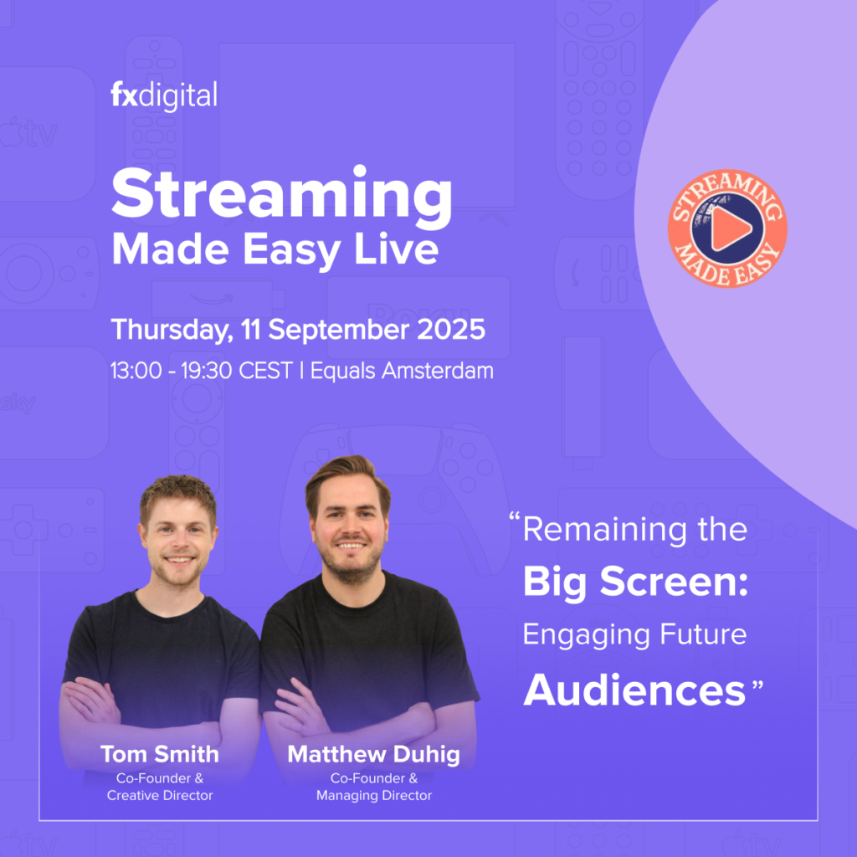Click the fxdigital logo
(x=164, y=95)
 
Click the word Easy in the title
(x=291, y=251)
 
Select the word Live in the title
(x=396, y=249)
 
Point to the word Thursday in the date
(x=172, y=330)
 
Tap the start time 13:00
(x=136, y=371)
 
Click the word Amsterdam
(x=437, y=371)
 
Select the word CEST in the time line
(x=265, y=371)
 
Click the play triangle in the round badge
(x=729, y=228)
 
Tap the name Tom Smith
(x=160, y=754)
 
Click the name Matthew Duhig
(x=374, y=755)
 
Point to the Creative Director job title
(x=160, y=795)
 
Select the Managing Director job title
(x=374, y=795)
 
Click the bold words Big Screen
(x=635, y=582)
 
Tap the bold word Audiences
(x=634, y=690)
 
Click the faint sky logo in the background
(x=18, y=403)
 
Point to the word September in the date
(x=338, y=330)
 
